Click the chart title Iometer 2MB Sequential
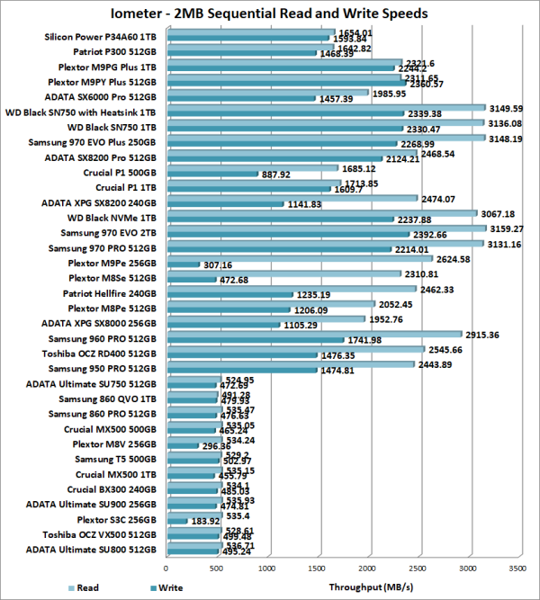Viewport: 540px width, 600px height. click(x=269, y=13)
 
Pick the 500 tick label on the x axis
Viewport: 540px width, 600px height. click(x=217, y=569)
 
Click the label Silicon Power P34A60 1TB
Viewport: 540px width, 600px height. click(x=101, y=37)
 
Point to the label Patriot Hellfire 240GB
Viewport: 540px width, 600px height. click(x=110, y=292)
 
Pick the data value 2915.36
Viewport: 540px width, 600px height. click(x=481, y=334)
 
